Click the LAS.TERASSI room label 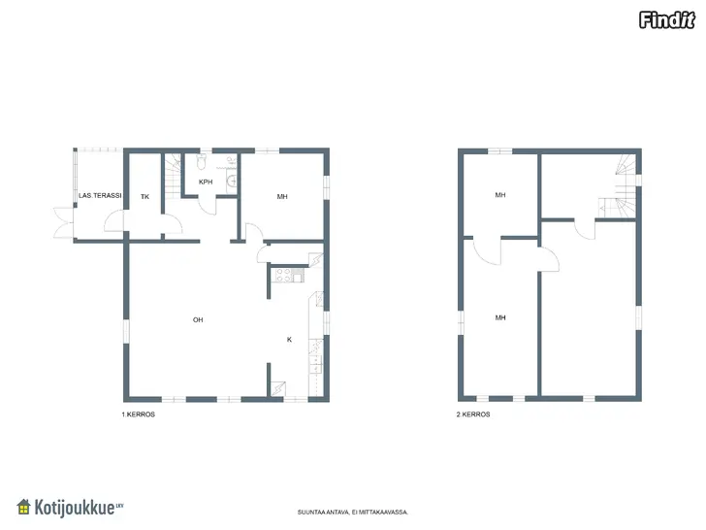point(100,196)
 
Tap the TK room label point(144,196)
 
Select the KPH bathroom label point(206,182)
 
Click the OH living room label point(198,320)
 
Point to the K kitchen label point(289,340)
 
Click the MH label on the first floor point(282,196)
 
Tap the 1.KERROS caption point(139,414)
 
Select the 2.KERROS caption point(473,414)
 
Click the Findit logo point(667,20)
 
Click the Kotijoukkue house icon point(23,507)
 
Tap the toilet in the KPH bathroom point(202,161)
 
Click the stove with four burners point(283,275)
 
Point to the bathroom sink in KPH point(232,181)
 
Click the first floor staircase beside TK point(172,177)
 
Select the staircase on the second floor point(624,187)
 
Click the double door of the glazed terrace point(63,222)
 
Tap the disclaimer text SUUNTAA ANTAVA point(353,512)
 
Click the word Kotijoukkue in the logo point(75,508)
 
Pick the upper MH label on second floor point(500,195)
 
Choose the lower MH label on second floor point(500,317)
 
